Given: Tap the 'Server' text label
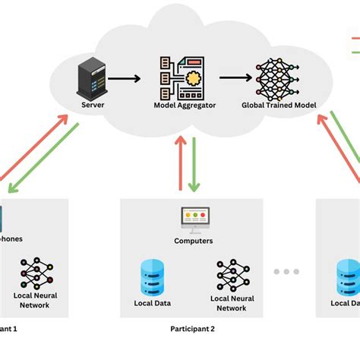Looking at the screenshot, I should point(91,105).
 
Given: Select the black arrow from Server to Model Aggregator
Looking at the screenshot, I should point(126,77).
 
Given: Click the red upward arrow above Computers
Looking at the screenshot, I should point(179,163).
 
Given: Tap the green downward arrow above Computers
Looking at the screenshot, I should point(194,163).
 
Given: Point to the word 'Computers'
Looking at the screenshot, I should point(193,242).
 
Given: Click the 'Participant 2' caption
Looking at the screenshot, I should point(192,329).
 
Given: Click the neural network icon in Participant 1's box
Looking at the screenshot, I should point(36,273).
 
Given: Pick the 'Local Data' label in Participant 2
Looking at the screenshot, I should point(152,303).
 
